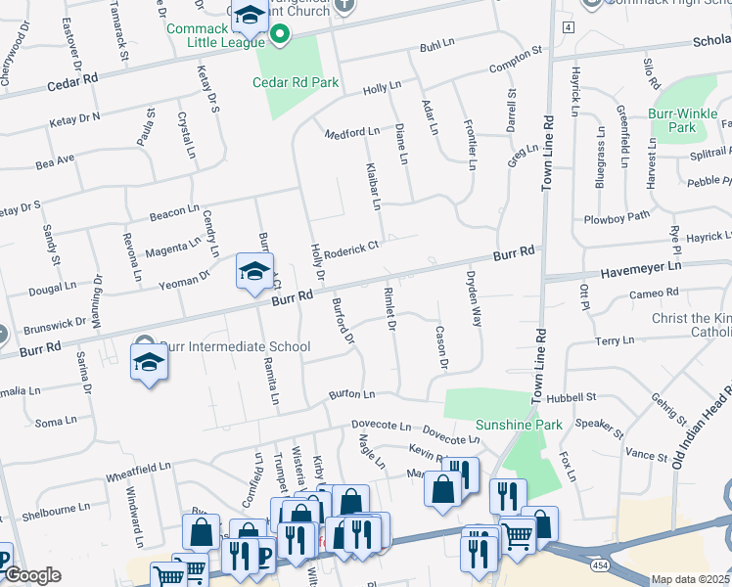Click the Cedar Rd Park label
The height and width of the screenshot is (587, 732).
[x=296, y=83]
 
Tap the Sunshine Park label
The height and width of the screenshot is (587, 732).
[x=519, y=425]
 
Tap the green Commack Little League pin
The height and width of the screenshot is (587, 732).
[x=280, y=36]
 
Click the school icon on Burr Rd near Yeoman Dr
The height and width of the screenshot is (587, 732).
[x=254, y=272]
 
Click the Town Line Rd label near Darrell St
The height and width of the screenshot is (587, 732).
[x=547, y=152]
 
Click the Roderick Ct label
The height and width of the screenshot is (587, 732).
[x=351, y=249]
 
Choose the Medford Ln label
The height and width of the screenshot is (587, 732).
[x=351, y=132]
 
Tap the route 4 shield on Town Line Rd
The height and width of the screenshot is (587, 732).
[x=568, y=25]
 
